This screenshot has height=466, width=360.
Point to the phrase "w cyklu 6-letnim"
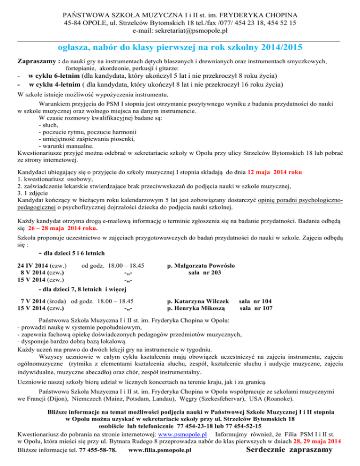(54, 76)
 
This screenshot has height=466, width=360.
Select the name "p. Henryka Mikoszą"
(196, 308)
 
